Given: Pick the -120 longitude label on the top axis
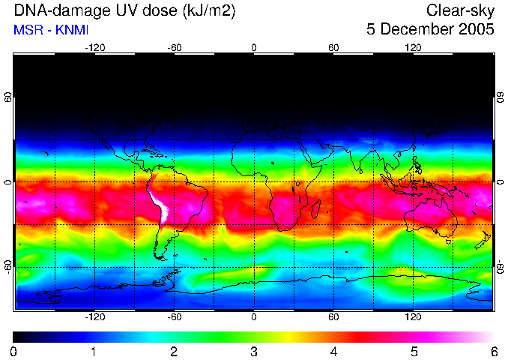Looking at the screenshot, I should pyautogui.click(x=94, y=47).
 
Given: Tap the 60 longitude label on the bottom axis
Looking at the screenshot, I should pyautogui.click(x=333, y=317).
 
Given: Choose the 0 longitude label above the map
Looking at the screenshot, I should pyautogui.click(x=254, y=47).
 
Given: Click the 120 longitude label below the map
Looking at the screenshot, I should pyautogui.click(x=414, y=317).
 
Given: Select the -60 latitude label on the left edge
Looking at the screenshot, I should pyautogui.click(x=8, y=265).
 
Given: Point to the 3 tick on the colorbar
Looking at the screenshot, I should pyautogui.click(x=253, y=351).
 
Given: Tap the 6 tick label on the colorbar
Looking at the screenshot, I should pyautogui.click(x=493, y=351).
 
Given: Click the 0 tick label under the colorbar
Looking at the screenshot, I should pyautogui.click(x=14, y=351).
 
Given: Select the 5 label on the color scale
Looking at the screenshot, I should pyautogui.click(x=414, y=351).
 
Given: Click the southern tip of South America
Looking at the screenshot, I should pyautogui.click(x=160, y=256).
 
